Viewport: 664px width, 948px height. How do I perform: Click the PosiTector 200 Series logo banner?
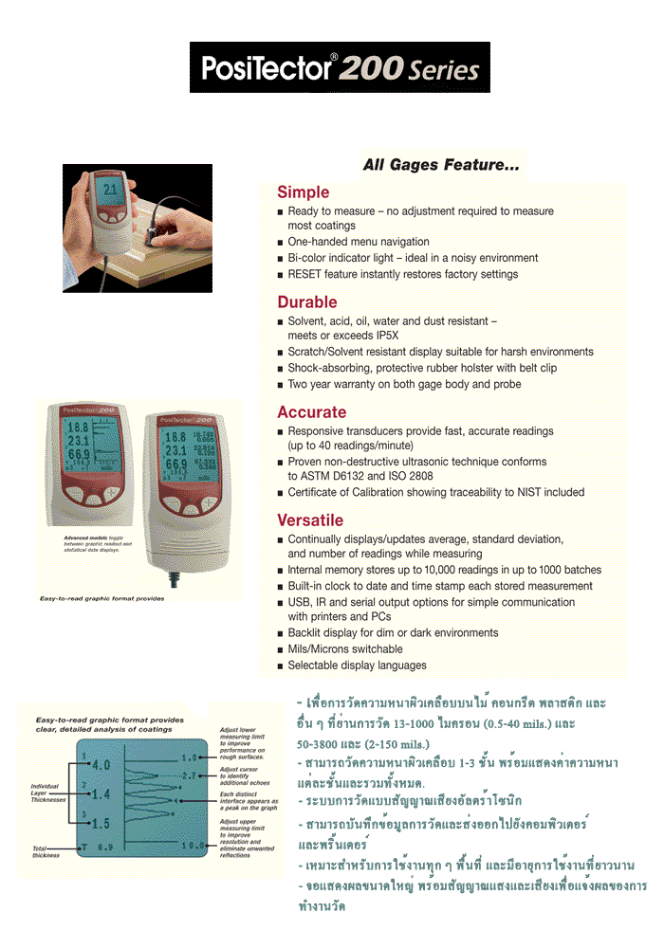pos(340,67)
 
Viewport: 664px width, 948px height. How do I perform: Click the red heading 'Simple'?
pos(304,192)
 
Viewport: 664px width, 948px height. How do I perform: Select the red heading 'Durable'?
pos(307,302)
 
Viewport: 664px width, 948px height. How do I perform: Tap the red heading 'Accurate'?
pos(312,412)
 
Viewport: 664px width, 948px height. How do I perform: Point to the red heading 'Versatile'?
pos(310,520)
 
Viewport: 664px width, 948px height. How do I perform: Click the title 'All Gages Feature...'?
pos(441,165)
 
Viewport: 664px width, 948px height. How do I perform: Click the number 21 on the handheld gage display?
pos(112,190)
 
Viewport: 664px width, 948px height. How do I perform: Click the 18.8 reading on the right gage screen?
pos(175,437)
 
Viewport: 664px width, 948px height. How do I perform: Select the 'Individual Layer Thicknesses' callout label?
pos(47,793)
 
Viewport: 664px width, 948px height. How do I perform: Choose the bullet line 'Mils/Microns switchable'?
pos(345,649)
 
